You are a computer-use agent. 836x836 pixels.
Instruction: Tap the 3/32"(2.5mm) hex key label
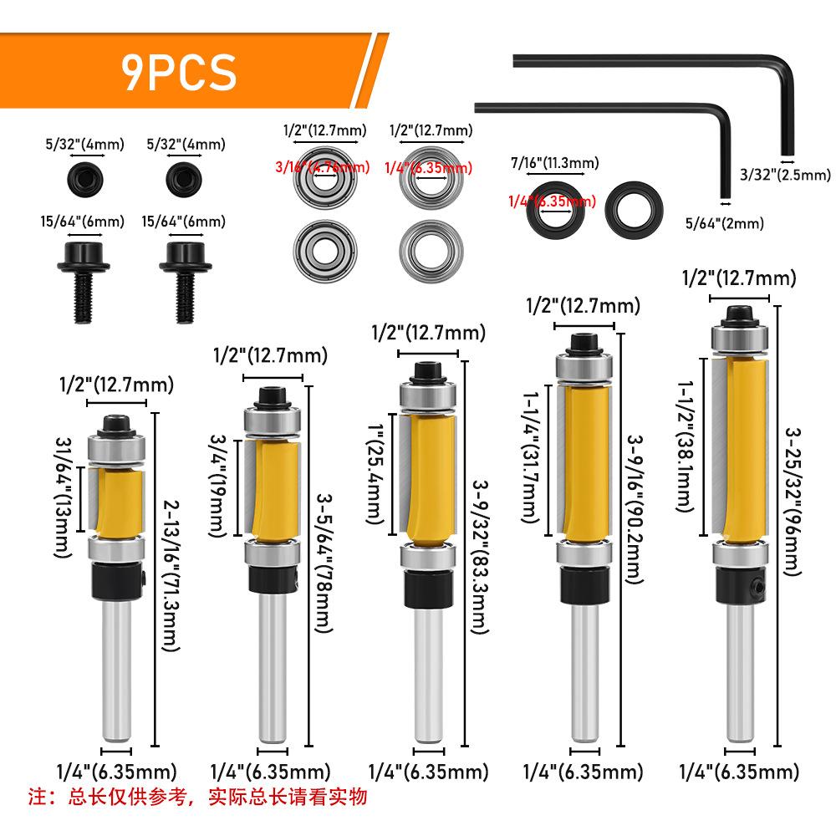pos(785,176)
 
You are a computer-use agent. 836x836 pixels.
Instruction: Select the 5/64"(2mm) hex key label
pos(724,223)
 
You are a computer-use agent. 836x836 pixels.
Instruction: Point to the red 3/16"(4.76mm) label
pos(322,167)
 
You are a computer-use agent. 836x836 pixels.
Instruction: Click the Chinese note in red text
pos(198,796)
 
